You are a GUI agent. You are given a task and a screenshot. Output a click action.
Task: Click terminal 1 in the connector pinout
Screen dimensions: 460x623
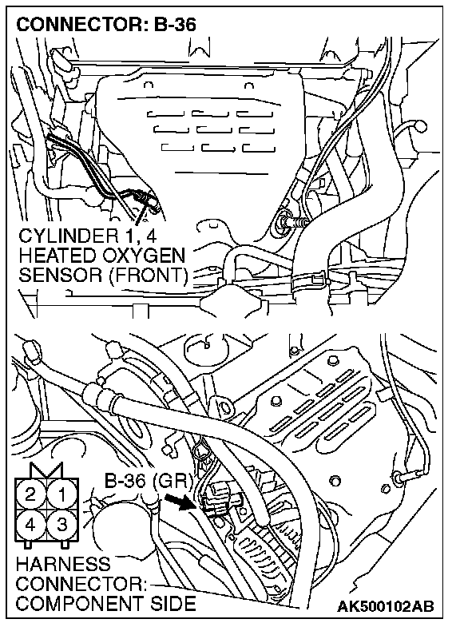62,495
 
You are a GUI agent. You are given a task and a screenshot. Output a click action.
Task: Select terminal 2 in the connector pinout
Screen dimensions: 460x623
30,495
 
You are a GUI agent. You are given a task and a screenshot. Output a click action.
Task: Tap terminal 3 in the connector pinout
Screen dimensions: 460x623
62,526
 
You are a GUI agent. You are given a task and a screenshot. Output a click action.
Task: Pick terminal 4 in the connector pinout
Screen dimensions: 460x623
30,526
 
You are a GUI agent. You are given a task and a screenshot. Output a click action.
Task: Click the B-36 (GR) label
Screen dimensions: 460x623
149,481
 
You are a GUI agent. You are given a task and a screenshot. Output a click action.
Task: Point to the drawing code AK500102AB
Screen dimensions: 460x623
385,606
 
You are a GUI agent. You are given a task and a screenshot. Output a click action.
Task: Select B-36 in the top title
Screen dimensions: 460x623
175,25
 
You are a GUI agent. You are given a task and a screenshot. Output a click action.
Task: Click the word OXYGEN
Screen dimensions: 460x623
144,256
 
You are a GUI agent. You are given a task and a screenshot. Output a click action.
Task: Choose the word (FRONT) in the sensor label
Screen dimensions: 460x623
149,275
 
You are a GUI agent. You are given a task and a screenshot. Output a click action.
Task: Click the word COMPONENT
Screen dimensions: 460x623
78,604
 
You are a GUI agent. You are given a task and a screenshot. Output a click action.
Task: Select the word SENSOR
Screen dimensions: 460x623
61,275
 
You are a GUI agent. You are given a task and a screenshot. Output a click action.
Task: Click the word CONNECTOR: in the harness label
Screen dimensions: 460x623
81,584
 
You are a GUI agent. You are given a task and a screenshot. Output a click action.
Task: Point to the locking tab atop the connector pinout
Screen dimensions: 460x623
46,470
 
